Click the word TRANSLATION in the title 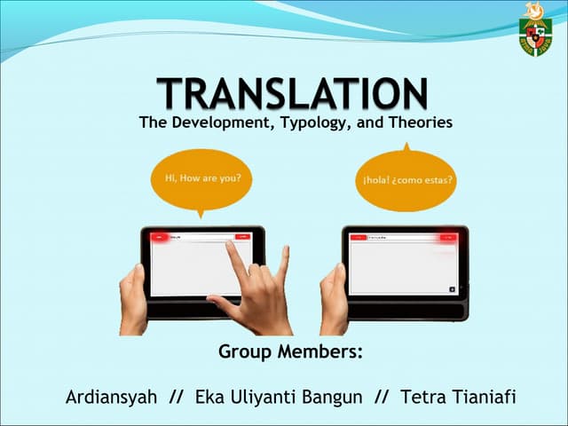pos(293,93)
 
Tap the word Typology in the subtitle pos(305,122)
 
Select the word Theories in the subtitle pos(421,122)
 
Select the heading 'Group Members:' pos(291,351)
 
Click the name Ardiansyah pos(111,397)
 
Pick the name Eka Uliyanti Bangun pos(279,397)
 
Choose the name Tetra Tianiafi pos(458,397)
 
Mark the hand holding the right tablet pos(333,297)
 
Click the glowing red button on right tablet pos(446,237)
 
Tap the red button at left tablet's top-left pos(160,237)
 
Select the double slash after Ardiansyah pos(176,397)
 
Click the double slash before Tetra pos(383,397)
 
